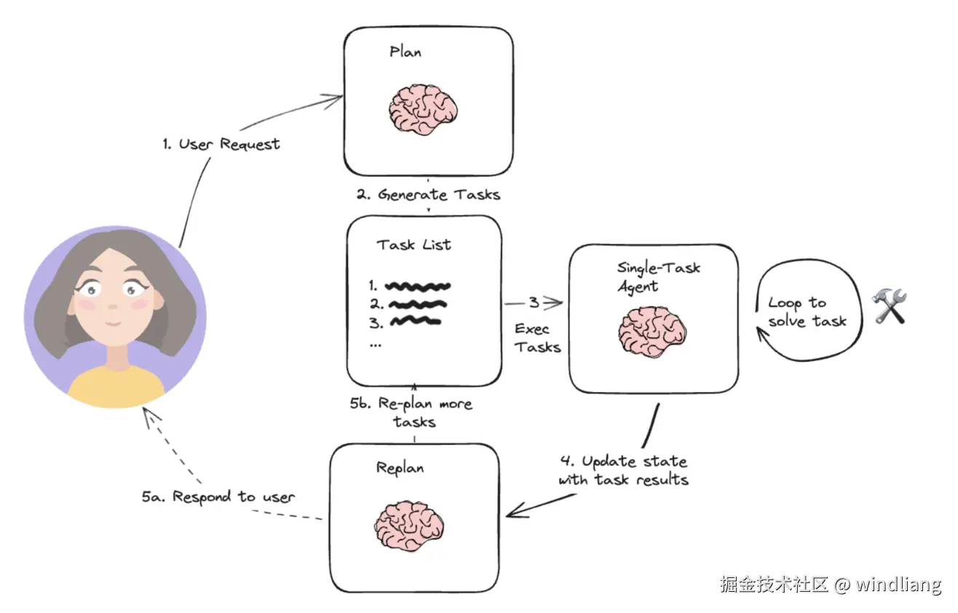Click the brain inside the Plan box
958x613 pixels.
422,109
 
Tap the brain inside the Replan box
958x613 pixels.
409,526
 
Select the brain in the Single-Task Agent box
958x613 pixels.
652,331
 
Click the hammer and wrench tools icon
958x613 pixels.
889,306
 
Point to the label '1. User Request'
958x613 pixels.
221,143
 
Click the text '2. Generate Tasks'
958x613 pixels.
429,194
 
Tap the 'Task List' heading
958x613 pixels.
413,245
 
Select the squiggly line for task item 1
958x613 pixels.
417,286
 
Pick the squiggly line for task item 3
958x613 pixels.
415,321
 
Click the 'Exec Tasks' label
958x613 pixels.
537,338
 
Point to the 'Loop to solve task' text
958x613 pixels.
807,312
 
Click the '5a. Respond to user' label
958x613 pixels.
218,497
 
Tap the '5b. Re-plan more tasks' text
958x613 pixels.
411,412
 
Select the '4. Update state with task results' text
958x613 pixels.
624,470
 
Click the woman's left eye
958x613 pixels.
132,289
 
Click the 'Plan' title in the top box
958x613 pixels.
405,52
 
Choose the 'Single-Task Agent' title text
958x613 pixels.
658,277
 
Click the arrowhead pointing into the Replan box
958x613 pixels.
518,510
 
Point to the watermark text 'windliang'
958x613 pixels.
898,585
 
